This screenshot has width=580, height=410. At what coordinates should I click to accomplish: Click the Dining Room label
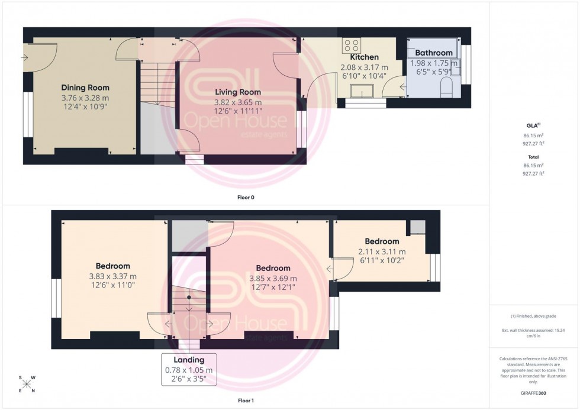tap(85, 88)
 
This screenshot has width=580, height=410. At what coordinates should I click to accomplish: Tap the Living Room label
tap(237, 92)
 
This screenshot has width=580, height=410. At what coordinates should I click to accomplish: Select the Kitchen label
tap(364, 57)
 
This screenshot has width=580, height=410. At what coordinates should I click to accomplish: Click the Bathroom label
tap(434, 53)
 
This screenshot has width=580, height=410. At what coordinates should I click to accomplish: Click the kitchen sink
tap(361, 91)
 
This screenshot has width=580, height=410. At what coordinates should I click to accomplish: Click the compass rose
tap(27, 384)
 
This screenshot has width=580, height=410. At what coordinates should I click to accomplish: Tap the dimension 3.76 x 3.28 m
tap(85, 98)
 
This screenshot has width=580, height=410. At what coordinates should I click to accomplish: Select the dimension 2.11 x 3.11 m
tap(382, 251)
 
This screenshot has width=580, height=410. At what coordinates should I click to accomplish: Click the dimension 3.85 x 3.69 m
tap(273, 279)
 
